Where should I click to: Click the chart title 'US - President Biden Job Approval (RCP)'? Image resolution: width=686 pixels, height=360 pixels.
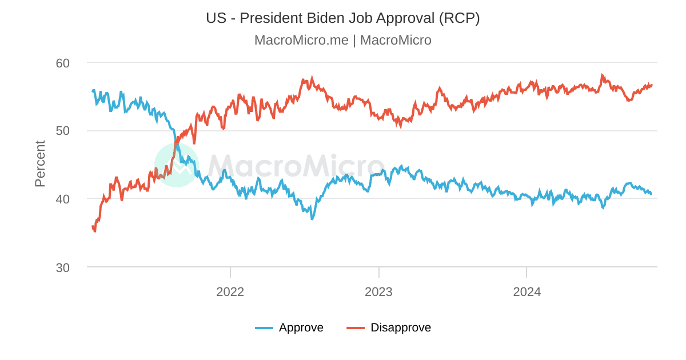(x=342, y=18)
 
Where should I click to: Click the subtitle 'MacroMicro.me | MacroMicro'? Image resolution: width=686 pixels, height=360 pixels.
(x=342, y=40)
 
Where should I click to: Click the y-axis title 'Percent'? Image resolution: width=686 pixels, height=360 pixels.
(x=39, y=164)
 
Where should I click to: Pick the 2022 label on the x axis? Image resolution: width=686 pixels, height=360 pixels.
(x=230, y=292)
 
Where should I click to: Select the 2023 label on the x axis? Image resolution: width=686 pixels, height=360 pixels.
(x=378, y=292)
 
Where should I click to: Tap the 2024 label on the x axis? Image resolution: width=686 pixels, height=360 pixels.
(x=527, y=292)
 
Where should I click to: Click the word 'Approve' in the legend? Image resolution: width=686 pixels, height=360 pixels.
(x=301, y=327)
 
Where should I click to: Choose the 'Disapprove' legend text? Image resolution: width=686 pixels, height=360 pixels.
(x=401, y=327)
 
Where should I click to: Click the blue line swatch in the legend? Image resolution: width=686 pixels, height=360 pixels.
(x=264, y=328)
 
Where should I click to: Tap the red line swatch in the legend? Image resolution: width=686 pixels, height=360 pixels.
(x=356, y=328)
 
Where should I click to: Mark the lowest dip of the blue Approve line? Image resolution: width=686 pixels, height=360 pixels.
(x=312, y=219)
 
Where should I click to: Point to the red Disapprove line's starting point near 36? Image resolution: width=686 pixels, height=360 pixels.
(x=93, y=227)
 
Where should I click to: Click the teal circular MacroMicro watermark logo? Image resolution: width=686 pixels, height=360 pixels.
(x=177, y=165)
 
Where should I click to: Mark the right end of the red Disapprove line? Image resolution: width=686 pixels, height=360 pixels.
(x=652, y=85)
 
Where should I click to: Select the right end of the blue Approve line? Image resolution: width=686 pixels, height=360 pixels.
(x=651, y=194)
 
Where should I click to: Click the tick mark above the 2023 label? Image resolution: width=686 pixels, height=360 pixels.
(x=378, y=272)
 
